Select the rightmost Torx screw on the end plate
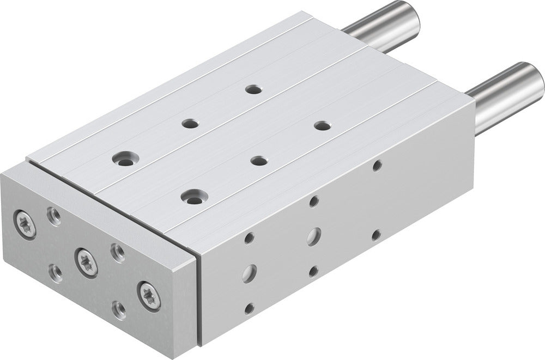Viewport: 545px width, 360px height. click(149, 296)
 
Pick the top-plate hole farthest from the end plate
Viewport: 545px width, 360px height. click(252, 89)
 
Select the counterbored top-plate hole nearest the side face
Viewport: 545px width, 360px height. click(192, 196)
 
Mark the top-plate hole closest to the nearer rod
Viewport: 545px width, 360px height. click(322, 126)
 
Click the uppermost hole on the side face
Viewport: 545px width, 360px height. click(377, 165)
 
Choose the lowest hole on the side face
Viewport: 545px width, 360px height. click(249, 308)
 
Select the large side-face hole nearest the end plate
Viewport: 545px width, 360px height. click(249, 272)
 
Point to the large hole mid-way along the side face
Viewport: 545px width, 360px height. click(313, 236)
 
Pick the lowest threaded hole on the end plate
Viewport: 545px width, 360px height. click(119, 310)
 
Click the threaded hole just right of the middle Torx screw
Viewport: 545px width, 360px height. click(118, 251)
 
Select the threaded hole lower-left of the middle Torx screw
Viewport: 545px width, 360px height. click(55, 271)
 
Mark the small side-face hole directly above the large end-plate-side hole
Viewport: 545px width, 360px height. click(249, 238)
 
